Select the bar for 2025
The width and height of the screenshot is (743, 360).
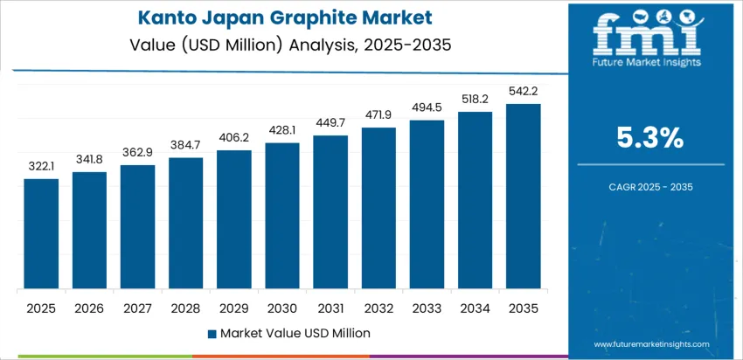(x=41, y=234)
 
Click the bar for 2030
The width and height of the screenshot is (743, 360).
(x=282, y=216)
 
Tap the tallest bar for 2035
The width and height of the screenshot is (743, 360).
(x=523, y=197)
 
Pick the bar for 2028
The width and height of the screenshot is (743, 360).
(x=185, y=224)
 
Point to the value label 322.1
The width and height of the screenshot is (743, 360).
(x=41, y=166)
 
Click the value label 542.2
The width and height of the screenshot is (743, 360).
(x=523, y=91)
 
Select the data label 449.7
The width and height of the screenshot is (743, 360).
(x=330, y=122)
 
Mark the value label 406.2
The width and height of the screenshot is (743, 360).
(x=234, y=137)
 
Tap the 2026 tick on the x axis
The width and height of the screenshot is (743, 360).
(x=89, y=308)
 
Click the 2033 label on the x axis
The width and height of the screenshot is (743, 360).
(x=427, y=308)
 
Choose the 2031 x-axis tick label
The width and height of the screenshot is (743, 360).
(x=330, y=308)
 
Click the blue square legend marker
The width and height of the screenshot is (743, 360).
(x=212, y=333)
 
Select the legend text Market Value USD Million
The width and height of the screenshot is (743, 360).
(x=295, y=333)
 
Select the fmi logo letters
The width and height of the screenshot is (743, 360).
(x=647, y=36)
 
